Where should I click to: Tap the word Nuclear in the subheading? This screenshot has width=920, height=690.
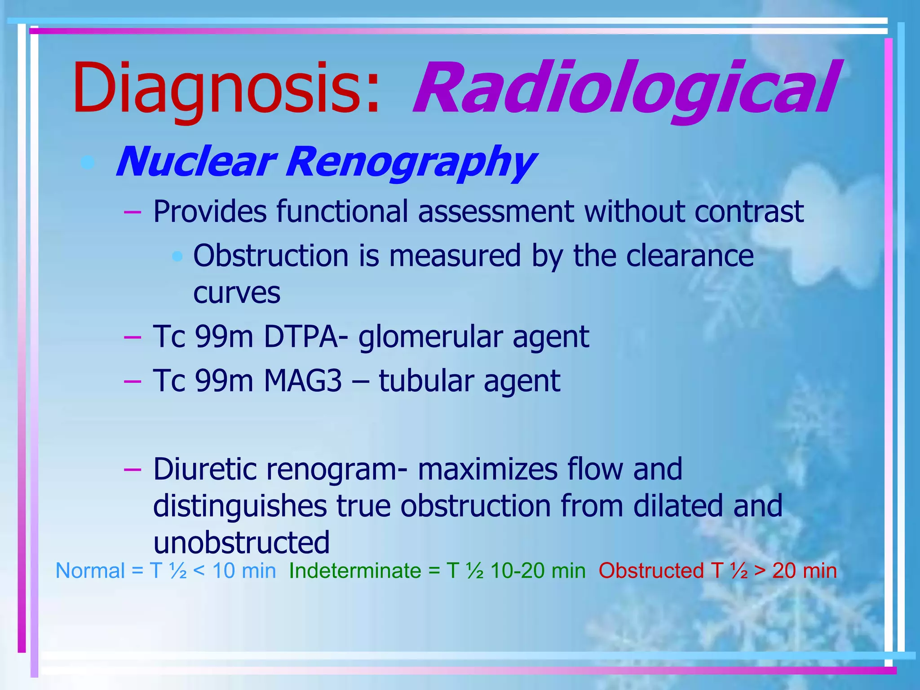point(195,162)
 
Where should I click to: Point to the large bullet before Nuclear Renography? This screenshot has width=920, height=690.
point(88,162)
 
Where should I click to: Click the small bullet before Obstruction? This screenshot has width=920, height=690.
point(178,257)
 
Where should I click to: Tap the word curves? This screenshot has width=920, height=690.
point(237,293)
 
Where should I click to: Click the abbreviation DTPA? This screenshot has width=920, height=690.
point(301,336)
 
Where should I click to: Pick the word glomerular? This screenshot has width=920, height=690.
point(430,337)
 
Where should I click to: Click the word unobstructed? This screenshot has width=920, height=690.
point(241,542)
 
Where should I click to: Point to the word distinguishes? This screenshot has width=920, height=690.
point(240,506)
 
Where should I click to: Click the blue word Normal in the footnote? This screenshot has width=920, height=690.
point(90,571)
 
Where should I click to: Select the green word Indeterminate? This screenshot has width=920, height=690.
point(355,571)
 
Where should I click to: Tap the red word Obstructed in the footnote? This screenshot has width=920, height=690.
point(651,571)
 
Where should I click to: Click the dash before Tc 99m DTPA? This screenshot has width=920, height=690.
point(133,337)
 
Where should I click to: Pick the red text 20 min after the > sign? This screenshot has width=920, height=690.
point(805,571)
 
